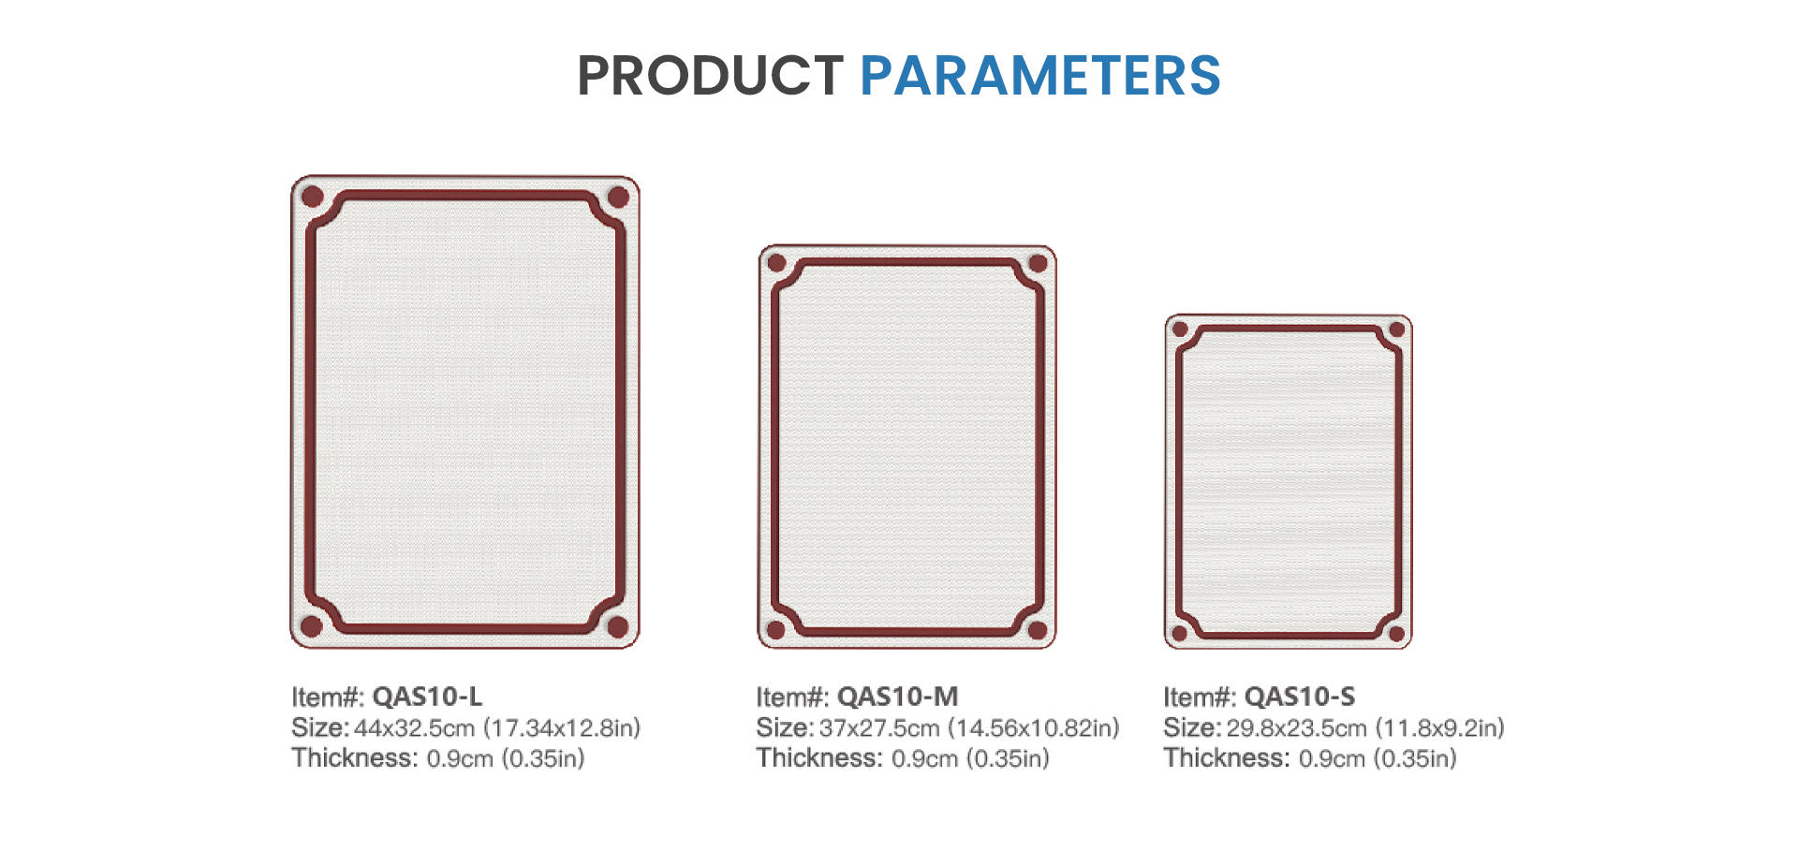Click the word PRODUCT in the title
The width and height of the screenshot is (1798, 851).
[710, 76]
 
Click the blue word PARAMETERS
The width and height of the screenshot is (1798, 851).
[1040, 76]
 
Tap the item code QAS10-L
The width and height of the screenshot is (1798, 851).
[427, 697]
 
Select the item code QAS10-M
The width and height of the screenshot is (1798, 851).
[897, 697]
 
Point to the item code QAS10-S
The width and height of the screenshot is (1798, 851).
[1300, 697]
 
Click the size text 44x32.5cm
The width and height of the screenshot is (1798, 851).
[414, 728]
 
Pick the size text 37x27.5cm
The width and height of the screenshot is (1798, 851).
[878, 728]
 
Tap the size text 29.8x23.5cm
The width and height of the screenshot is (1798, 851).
[1297, 728]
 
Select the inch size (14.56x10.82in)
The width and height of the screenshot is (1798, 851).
[1034, 728]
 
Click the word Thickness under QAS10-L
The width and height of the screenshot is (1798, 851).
[354, 757]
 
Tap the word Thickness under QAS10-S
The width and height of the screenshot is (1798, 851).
[1226, 757]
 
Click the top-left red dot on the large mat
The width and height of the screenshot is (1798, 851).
[313, 197]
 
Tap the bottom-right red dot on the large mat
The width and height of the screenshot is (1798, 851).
[618, 626]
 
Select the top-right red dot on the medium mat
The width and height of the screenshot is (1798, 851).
[1038, 263]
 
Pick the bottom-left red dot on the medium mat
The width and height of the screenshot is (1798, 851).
[775, 630]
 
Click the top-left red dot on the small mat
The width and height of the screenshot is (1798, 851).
[1180, 330]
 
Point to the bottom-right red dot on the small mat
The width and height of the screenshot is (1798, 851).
[1396, 634]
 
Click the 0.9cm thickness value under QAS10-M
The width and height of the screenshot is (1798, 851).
[924, 758]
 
